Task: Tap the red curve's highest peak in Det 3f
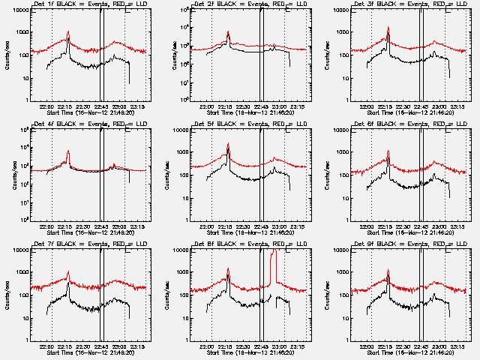coord(388,28)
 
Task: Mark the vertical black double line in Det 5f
coord(261,172)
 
